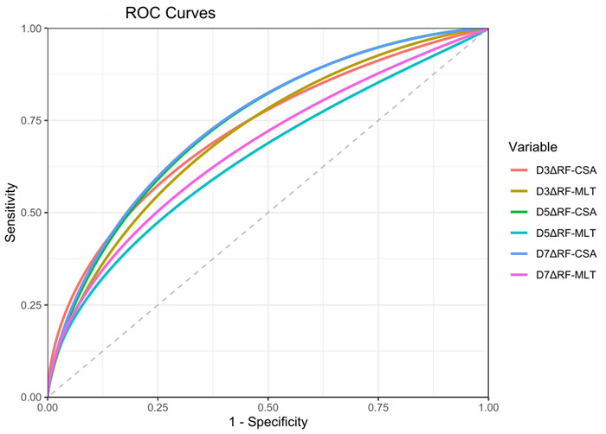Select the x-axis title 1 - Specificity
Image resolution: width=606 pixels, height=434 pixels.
tap(268, 422)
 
